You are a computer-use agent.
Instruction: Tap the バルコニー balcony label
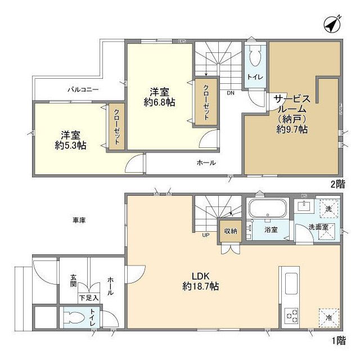[83, 89]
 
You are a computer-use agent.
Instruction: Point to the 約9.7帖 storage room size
[291, 129]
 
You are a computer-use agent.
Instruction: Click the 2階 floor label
[337, 183]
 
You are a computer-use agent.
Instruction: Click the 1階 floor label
[337, 340]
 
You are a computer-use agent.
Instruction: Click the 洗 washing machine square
[328, 208]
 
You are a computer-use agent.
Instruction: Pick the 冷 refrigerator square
[328, 316]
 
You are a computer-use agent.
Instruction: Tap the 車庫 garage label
[79, 220]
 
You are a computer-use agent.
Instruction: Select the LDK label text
[201, 276]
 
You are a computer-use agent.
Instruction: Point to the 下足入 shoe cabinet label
[88, 298]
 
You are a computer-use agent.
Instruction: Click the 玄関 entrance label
[74, 281]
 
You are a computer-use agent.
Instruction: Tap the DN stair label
[231, 93]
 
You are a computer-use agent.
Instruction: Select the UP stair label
[206, 235]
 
